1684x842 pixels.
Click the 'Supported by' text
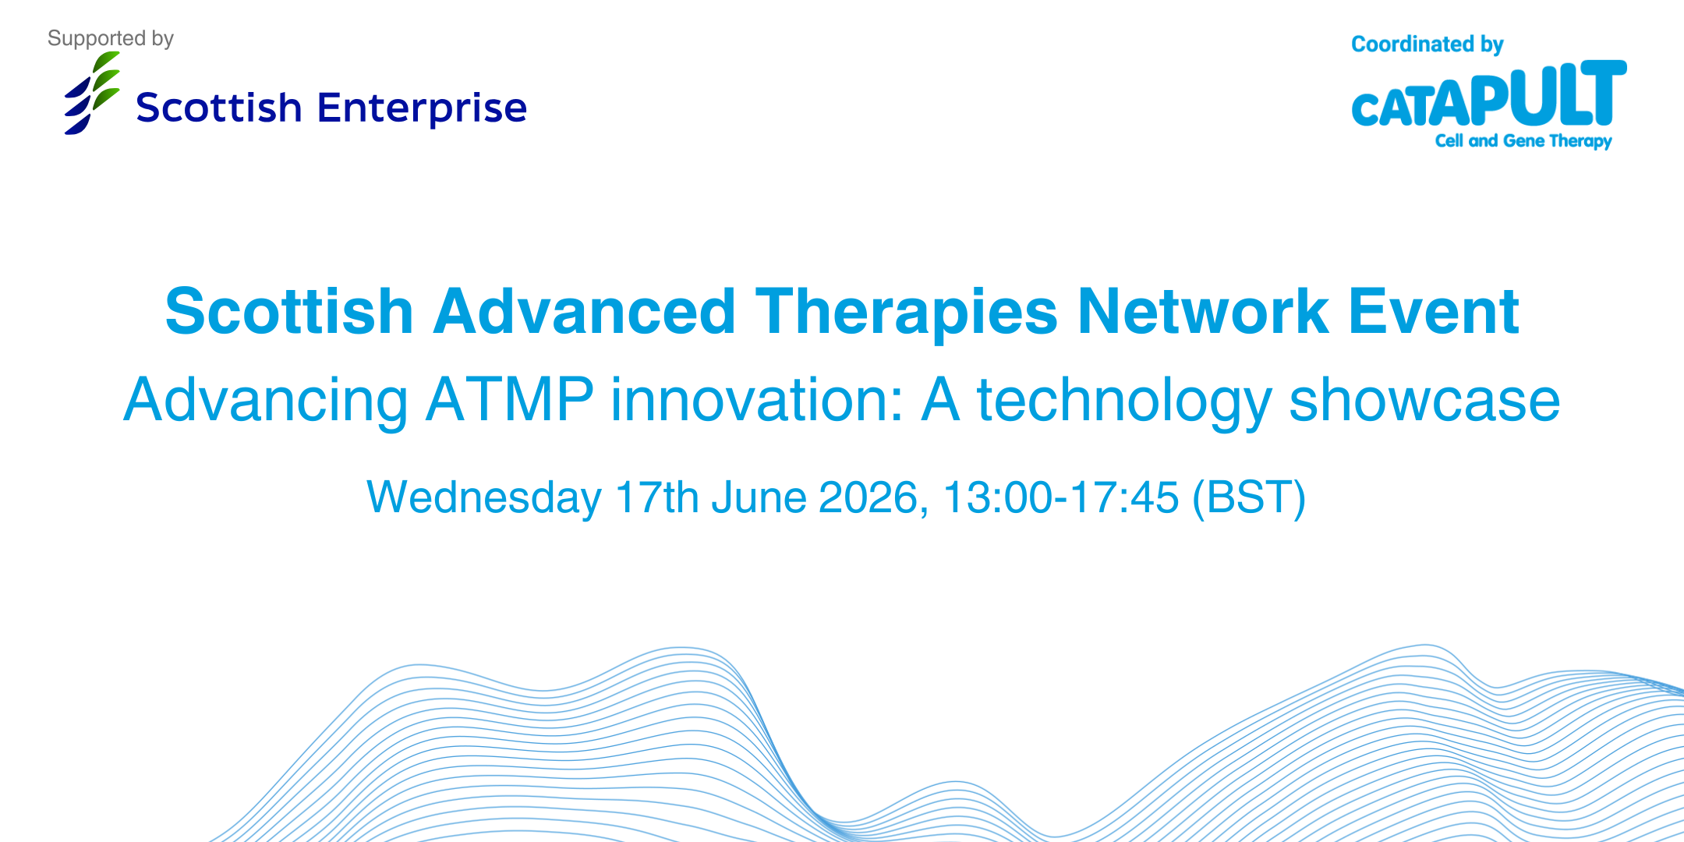pos(111,39)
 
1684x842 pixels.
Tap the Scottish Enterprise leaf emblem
pos(92,93)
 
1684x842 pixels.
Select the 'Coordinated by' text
pos(1428,44)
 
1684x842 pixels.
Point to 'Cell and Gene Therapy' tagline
pos(1523,141)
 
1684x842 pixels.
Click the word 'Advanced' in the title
pos(585,312)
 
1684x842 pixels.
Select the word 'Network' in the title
pos(1203,312)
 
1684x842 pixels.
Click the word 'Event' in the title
pos(1434,312)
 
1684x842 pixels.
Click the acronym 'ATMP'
pos(510,400)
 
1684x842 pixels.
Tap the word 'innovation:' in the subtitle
pos(757,400)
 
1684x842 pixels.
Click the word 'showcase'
pos(1425,400)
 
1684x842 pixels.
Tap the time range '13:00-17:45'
pos(1061,497)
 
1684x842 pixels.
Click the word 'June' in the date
pos(759,497)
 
